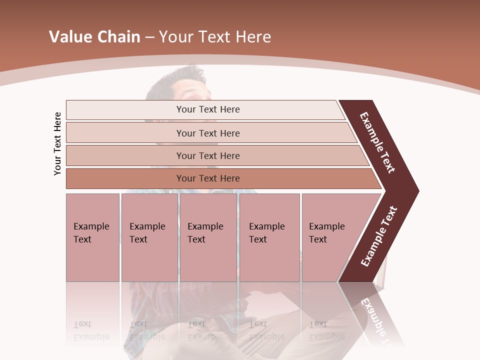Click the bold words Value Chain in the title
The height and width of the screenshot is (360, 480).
[94, 37]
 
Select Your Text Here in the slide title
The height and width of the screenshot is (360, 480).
[215, 37]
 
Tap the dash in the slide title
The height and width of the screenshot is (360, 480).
[149, 37]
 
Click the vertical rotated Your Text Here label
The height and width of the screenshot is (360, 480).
[57, 143]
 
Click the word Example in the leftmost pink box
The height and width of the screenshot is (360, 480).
[91, 226]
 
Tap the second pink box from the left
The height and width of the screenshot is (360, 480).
[149, 237]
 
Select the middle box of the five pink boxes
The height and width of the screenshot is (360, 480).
[208, 237]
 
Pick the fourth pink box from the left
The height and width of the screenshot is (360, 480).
[269, 237]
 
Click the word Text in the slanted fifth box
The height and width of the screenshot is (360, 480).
[317, 239]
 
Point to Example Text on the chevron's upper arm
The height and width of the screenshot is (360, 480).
[377, 142]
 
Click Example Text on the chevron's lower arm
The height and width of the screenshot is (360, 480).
[379, 236]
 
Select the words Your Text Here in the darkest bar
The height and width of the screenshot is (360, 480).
[208, 178]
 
